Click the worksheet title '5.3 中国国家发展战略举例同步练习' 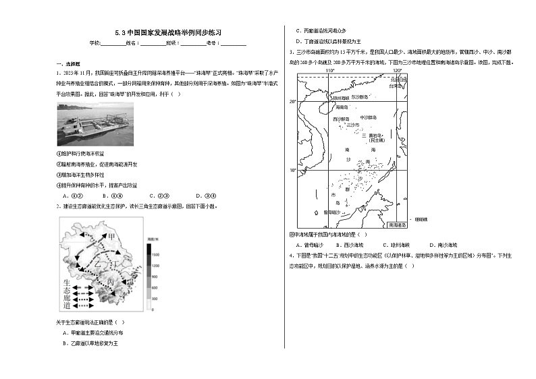pos(168,32)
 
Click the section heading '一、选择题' pos(65,64)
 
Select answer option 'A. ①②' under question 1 pos(69,196)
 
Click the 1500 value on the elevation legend pos(155,255)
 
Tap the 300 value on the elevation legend pos(155,297)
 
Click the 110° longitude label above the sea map pos(330,69)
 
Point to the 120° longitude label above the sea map pos(397,69)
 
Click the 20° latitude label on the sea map pos(293,102)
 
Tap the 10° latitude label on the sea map pos(293,170)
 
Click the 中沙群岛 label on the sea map pos(369,117)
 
